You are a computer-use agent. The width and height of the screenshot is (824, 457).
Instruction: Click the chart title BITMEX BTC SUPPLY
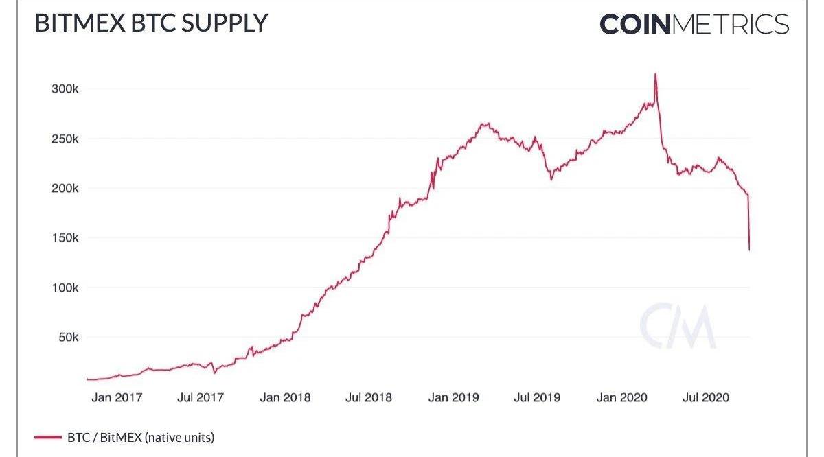pos(151,23)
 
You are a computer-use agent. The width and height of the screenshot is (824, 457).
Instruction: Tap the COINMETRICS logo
pos(694,25)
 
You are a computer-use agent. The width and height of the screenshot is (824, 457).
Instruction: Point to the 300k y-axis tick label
pos(65,89)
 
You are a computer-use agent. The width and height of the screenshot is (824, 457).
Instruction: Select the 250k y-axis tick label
pos(65,139)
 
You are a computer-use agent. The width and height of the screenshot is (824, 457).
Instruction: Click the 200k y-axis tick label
pos(65,189)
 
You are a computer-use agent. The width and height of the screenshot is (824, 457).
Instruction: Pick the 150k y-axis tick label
pos(65,238)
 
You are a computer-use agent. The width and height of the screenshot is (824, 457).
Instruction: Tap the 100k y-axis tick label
pos(65,288)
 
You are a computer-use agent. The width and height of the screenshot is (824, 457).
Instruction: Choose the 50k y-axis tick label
pos(67,338)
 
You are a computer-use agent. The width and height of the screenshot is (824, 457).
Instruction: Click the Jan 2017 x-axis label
pos(117,397)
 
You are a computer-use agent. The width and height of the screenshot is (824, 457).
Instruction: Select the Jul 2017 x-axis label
pos(201,397)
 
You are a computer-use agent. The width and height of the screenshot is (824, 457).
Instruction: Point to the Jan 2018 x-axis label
pos(285,397)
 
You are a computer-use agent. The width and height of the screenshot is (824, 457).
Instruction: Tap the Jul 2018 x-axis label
pos(369,397)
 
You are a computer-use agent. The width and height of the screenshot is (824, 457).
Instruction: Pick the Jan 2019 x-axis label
pos(453,397)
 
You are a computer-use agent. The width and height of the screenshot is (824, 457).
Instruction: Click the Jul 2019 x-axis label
pos(537,397)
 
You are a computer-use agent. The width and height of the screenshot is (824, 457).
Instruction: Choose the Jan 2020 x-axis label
pos(622,397)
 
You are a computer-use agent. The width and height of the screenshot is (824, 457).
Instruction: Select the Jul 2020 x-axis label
pos(705,397)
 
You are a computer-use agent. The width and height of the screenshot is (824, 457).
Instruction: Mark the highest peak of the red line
pos(655,74)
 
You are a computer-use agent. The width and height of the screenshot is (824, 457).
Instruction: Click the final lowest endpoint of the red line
pos(748,250)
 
